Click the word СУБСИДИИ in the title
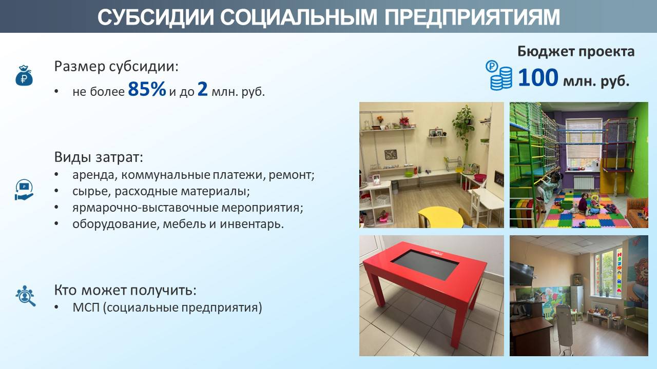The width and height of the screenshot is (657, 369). pos(156,17)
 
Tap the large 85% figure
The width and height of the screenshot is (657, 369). pos(147,89)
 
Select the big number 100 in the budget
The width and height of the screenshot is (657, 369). pos(538,77)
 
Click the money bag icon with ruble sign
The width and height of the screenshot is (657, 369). pos(24,75)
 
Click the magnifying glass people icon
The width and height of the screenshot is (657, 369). pos(25,296)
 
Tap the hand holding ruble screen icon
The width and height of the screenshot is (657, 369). pos(24,190)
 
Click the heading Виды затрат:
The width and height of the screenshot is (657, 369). pos(99,157)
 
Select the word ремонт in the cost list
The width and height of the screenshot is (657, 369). pos(292,175)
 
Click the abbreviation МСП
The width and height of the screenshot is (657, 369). pos(86,307)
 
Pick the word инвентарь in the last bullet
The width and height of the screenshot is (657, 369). pos(252,224)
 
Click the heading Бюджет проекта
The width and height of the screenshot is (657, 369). pos(576,52)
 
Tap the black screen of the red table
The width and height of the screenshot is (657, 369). pos(425,264)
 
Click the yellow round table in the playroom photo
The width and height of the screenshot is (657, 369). pos(440,217)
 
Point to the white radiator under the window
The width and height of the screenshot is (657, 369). pos(584,182)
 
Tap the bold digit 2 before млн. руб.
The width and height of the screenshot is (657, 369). pos(202,89)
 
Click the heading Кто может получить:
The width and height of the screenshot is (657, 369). pos(125,290)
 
